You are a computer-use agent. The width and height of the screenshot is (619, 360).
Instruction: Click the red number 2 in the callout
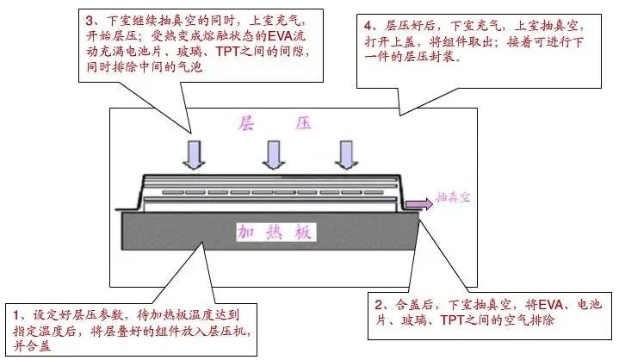click(x=379, y=304)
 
